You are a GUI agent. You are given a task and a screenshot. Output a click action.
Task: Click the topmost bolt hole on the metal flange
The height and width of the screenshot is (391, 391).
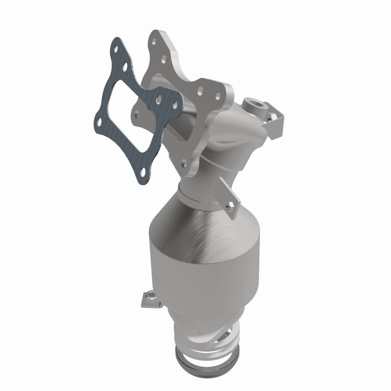(155, 34)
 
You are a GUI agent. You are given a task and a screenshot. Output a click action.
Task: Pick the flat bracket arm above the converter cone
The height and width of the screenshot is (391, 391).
(230, 193)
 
